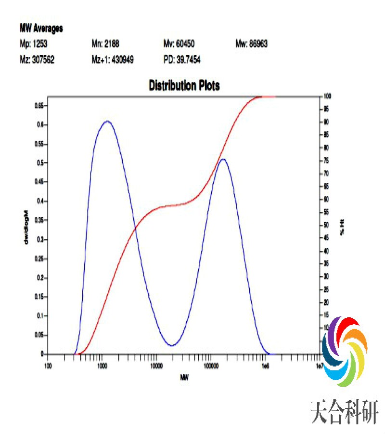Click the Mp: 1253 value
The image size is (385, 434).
point(33,44)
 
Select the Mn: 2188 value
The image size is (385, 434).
point(105,44)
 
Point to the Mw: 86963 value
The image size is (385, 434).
point(251,44)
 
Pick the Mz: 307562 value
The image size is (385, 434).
point(37,60)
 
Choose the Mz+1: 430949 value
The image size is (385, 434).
point(113,60)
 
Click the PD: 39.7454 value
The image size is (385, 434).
point(182,60)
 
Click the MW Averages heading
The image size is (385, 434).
point(41,28)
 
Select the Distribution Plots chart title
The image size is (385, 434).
point(184,86)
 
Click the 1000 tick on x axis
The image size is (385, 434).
point(102,366)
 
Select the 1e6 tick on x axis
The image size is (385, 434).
point(265,366)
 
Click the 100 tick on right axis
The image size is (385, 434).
point(326,96)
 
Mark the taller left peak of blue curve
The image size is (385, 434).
point(107,121)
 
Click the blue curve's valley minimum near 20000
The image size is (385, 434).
point(172,346)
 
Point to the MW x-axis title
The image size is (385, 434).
point(184,377)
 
